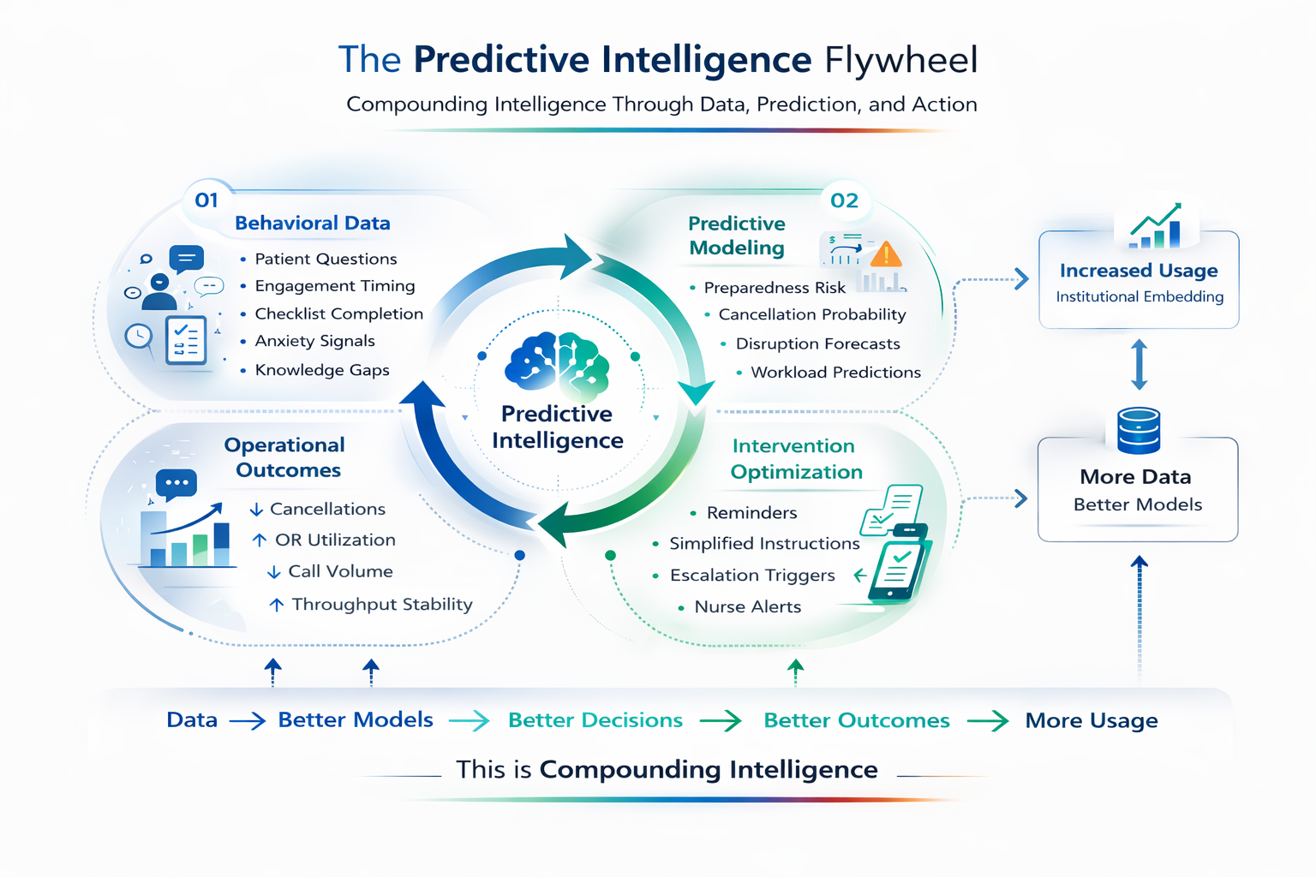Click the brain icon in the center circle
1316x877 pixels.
(x=557, y=367)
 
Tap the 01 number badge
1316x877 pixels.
(x=206, y=200)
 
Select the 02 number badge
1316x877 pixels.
(x=844, y=200)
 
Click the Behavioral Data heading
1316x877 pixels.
(x=313, y=224)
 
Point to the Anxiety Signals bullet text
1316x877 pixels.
(x=314, y=341)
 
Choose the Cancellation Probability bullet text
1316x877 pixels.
(x=811, y=314)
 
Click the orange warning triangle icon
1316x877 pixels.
(x=885, y=254)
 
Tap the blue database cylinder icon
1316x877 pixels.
(x=1139, y=430)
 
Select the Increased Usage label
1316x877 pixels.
(x=1139, y=271)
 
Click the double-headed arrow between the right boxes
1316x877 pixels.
(x=1139, y=365)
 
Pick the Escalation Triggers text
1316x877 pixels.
(x=752, y=576)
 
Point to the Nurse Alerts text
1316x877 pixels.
(x=747, y=607)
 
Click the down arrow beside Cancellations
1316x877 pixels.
(x=256, y=510)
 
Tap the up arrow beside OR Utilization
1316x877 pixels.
(x=260, y=540)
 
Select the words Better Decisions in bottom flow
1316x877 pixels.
(x=595, y=720)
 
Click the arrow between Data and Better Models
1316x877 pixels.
(x=248, y=721)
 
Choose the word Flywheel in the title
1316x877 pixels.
(x=900, y=60)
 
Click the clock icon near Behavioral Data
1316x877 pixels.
(x=139, y=337)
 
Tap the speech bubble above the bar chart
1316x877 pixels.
(x=176, y=484)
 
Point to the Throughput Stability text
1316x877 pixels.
(x=382, y=605)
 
